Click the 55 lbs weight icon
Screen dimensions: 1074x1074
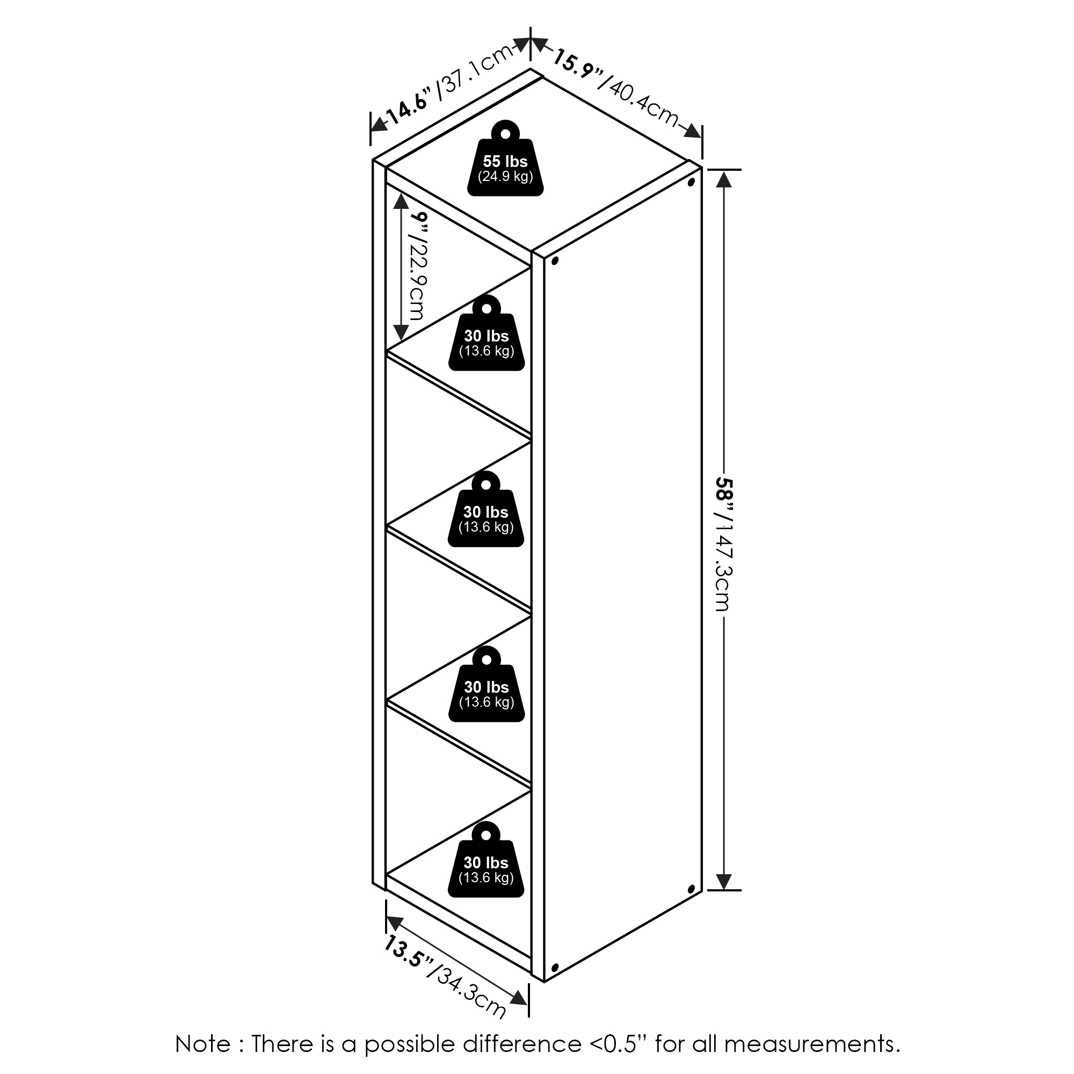(505, 158)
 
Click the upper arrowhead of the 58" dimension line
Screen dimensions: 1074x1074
(723, 179)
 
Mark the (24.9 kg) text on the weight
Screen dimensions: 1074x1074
(505, 177)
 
